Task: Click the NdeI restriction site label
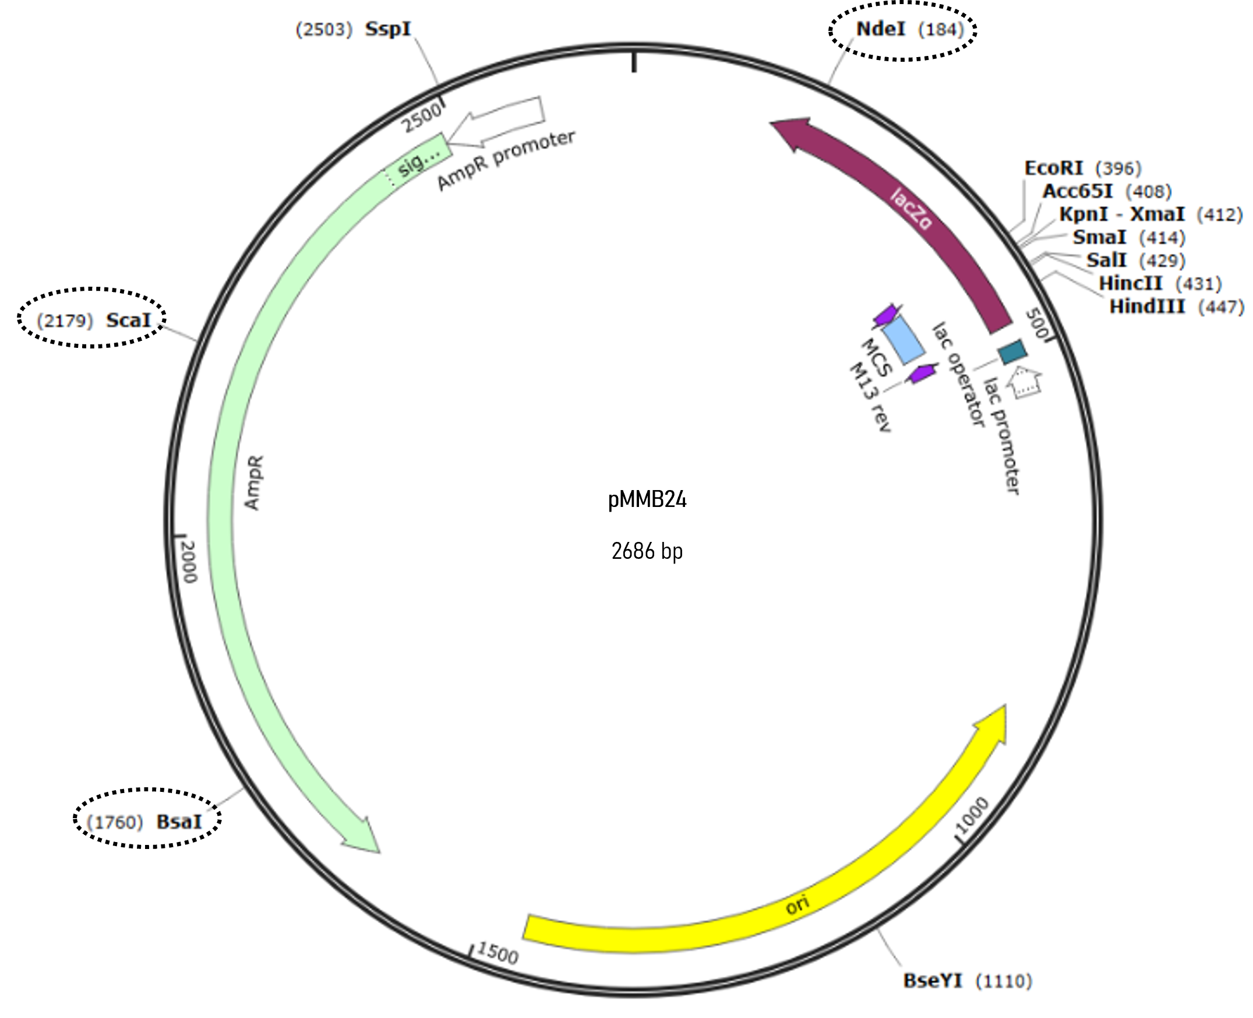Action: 881,29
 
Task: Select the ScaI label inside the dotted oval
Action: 128,320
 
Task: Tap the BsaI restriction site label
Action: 179,822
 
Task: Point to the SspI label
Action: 388,29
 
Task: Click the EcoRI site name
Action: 1053,168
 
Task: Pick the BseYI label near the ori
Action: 933,981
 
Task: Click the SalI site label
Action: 1106,260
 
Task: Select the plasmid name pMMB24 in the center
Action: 647,499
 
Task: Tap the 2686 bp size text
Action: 647,551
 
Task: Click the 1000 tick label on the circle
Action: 972,815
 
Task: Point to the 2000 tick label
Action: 189,562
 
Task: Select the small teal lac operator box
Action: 1012,352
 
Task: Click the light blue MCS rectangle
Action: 903,340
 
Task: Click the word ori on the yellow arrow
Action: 797,905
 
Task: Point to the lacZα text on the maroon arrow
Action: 910,209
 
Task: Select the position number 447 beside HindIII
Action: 1222,307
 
